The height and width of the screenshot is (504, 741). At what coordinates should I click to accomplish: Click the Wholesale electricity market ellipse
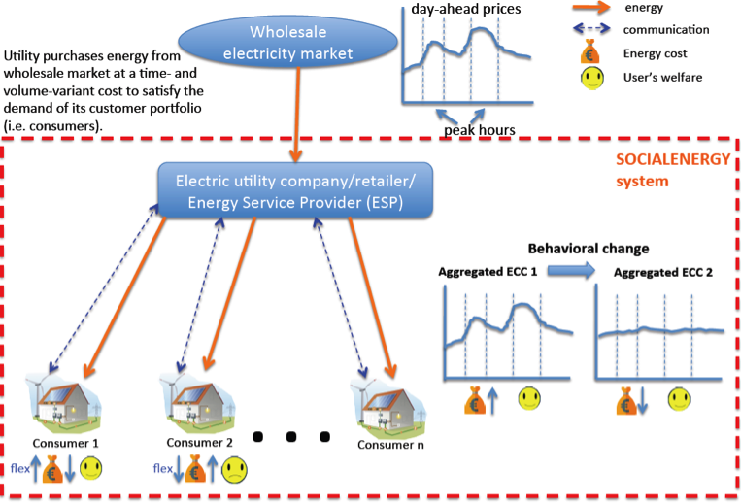coord(301,44)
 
